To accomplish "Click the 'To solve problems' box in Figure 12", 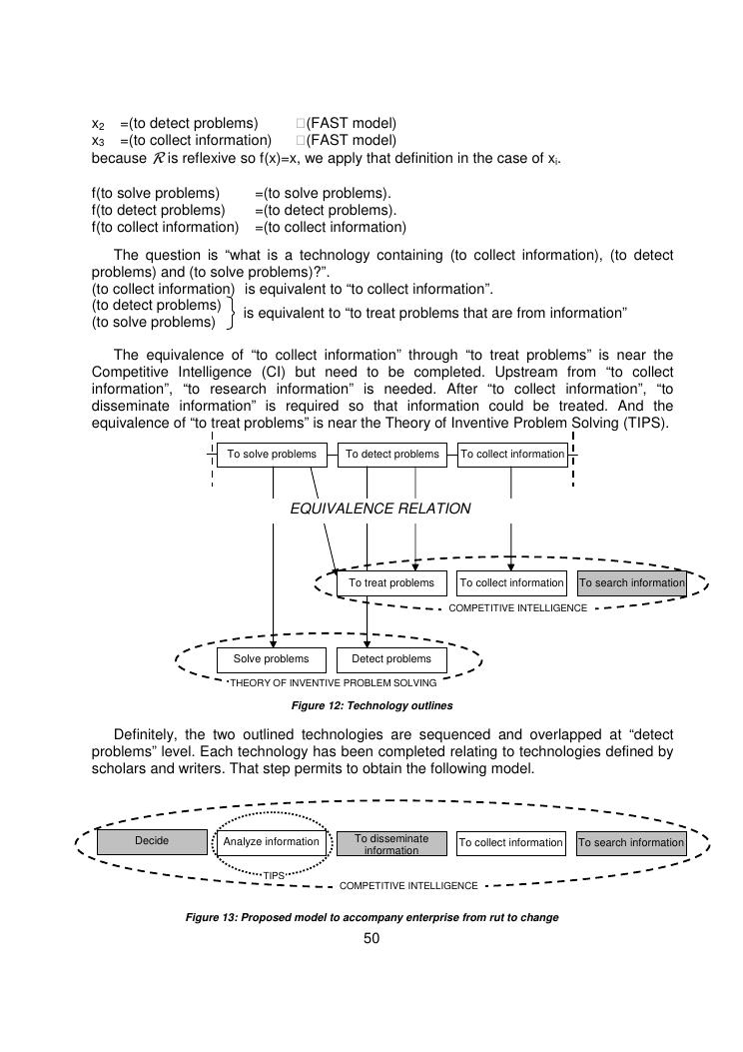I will click(x=272, y=455).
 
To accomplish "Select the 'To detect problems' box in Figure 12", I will click(x=391, y=455).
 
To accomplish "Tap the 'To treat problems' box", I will click(x=391, y=583).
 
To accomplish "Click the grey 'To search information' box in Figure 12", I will click(x=632, y=583).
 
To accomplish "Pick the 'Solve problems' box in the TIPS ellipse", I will click(x=272, y=659).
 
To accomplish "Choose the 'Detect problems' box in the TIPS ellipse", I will click(x=391, y=659).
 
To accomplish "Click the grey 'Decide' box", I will click(x=152, y=842).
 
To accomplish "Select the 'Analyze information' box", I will click(x=272, y=842).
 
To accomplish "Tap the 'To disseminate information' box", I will click(x=391, y=844).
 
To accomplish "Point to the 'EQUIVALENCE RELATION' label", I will click(x=379, y=509).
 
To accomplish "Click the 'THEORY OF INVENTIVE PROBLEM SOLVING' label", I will click(x=333, y=684).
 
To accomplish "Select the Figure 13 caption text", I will click(x=371, y=917).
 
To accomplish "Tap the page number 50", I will click(x=371, y=938).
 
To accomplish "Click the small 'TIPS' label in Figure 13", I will click(x=274, y=875).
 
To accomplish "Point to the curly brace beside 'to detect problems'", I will click(x=232, y=313).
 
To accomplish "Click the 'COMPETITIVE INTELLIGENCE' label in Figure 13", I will click(x=408, y=886).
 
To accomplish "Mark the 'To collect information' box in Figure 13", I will click(x=511, y=843).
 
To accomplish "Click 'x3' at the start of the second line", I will click(x=98, y=141).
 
